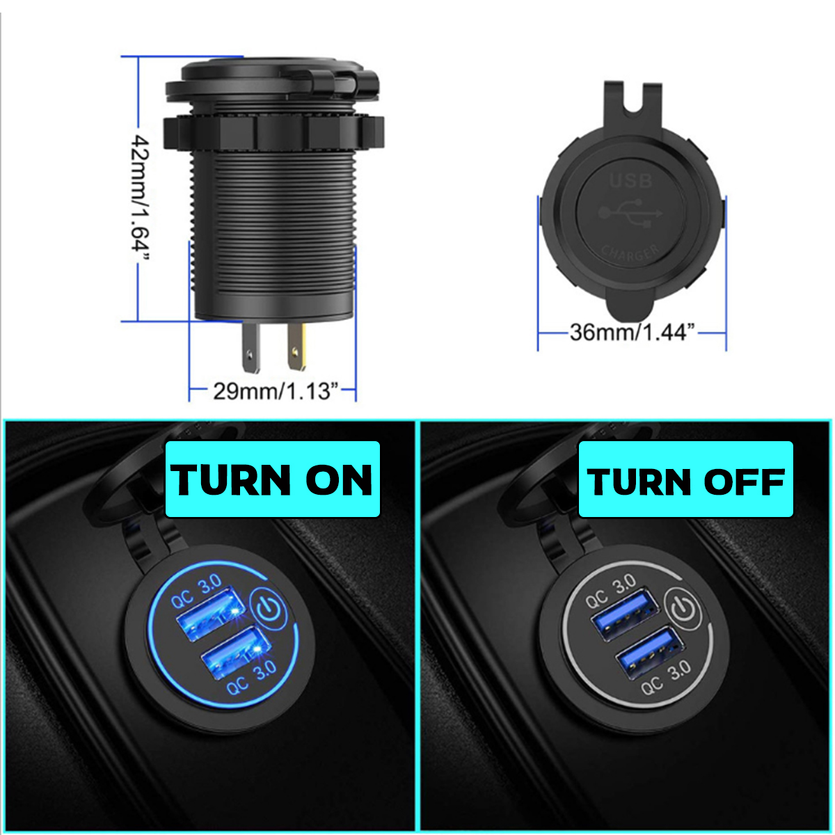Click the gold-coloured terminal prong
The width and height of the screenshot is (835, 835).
pyautogui.click(x=298, y=347)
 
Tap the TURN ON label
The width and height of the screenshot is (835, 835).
pyautogui.click(x=273, y=479)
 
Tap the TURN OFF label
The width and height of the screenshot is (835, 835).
pyautogui.click(x=686, y=479)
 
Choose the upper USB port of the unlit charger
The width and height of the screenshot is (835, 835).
pyautogui.click(x=623, y=610)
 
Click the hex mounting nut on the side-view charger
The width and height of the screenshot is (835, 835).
pyautogui.click(x=273, y=129)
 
